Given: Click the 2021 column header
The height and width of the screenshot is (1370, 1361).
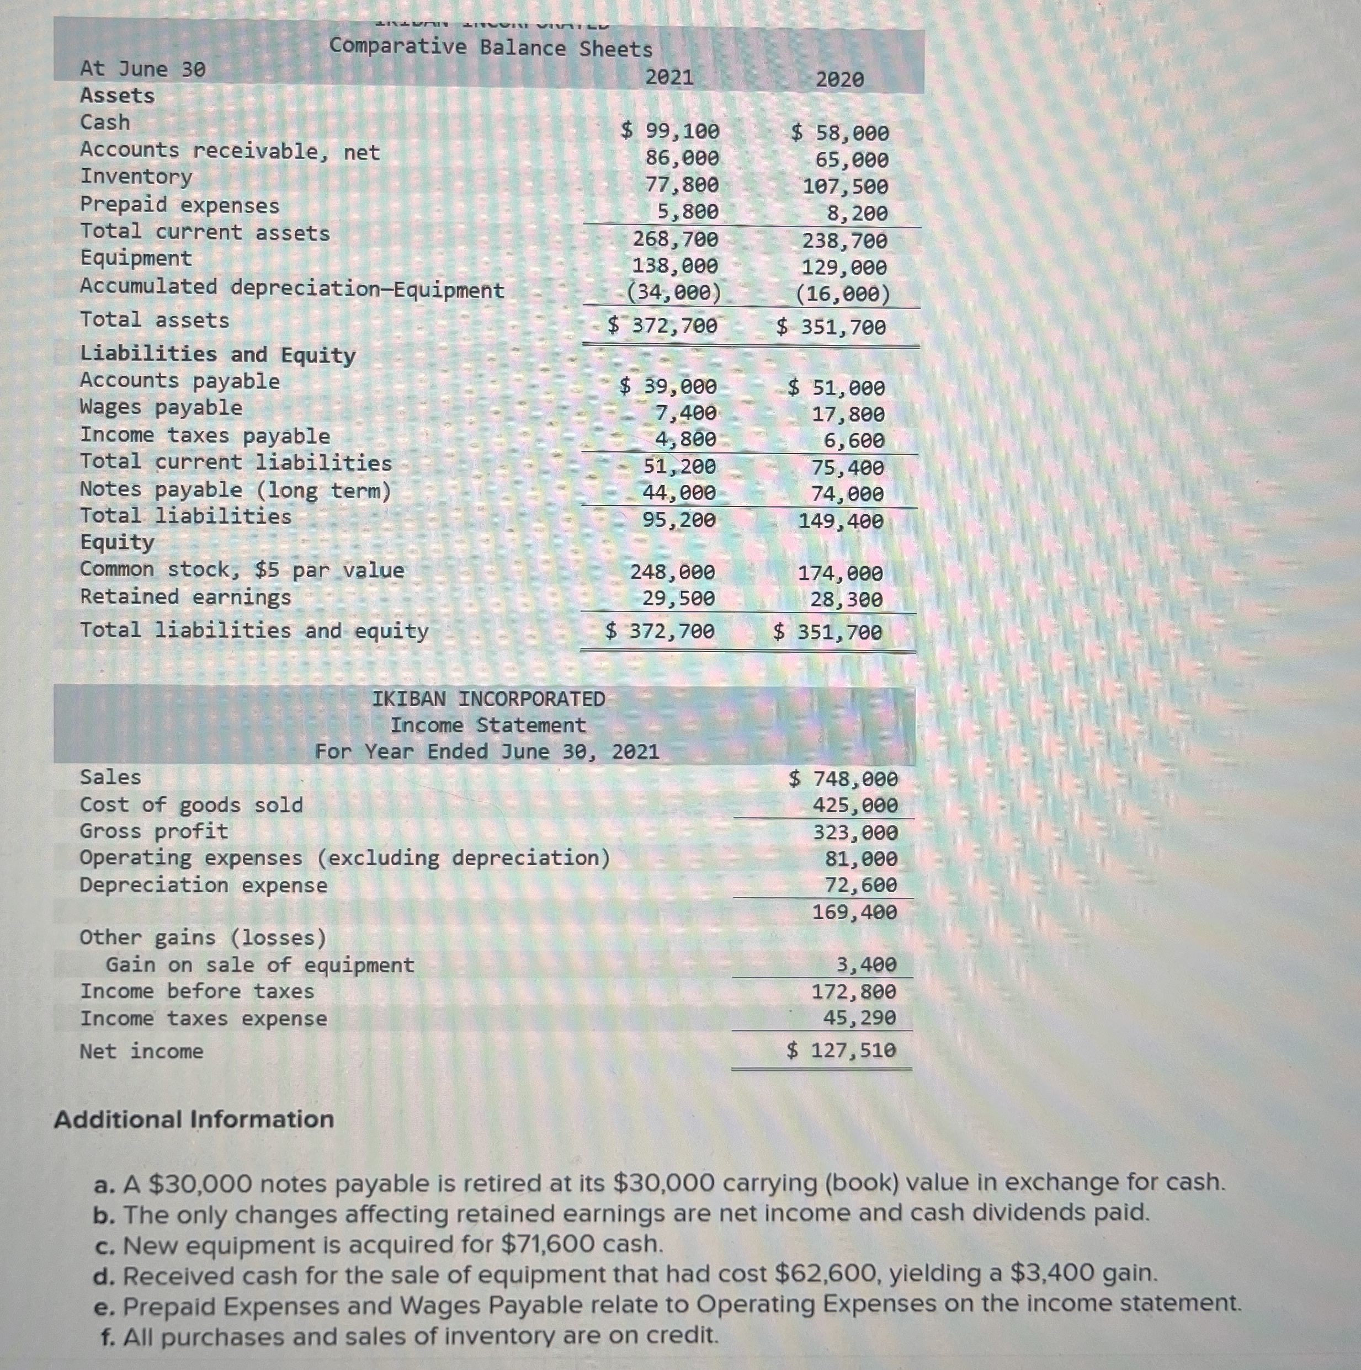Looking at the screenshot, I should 669,77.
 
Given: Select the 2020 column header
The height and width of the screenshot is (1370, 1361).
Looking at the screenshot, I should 839,79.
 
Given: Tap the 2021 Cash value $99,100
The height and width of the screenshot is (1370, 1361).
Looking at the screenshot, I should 669,131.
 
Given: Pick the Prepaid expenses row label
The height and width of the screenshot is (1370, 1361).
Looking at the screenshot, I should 179,205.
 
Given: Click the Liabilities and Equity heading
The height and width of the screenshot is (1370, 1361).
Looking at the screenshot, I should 218,354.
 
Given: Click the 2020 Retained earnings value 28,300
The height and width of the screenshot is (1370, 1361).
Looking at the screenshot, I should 846,600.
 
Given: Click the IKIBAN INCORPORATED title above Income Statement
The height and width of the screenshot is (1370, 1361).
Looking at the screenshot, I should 488,699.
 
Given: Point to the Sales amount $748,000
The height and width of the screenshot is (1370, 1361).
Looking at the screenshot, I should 843,779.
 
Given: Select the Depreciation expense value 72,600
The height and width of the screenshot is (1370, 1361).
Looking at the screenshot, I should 860,885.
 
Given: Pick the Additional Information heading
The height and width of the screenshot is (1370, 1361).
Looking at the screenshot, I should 194,1119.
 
